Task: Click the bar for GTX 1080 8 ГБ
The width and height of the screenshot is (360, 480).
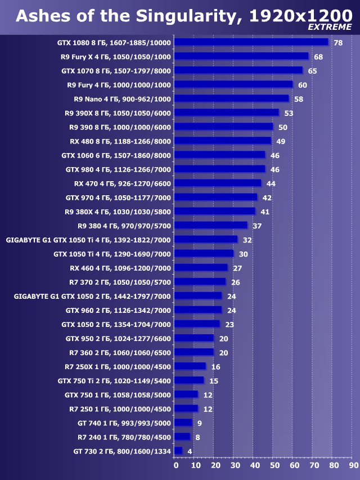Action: [x=251, y=42]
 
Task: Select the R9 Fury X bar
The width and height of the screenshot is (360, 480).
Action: [x=241, y=56]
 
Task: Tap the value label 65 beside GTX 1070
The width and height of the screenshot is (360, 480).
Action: [x=312, y=71]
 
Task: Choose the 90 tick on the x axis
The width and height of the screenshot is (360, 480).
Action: [x=353, y=465]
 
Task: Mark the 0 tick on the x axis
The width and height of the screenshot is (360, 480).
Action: [x=175, y=465]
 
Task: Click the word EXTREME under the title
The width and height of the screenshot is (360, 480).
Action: [x=330, y=27]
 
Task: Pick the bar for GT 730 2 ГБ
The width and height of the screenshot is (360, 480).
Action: [x=178, y=451]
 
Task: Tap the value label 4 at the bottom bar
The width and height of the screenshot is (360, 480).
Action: [x=190, y=451]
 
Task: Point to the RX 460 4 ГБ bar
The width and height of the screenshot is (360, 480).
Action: [x=201, y=268]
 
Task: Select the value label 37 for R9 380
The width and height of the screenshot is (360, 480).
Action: [x=257, y=226]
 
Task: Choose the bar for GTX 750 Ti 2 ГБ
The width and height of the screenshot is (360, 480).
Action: [x=189, y=380]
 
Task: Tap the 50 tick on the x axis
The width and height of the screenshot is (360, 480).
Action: [x=274, y=465]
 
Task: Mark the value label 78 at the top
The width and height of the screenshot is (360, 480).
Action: [x=337, y=43]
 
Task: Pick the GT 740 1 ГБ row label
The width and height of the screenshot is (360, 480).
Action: [x=124, y=423]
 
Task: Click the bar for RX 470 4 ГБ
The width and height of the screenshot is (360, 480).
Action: [x=218, y=183]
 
